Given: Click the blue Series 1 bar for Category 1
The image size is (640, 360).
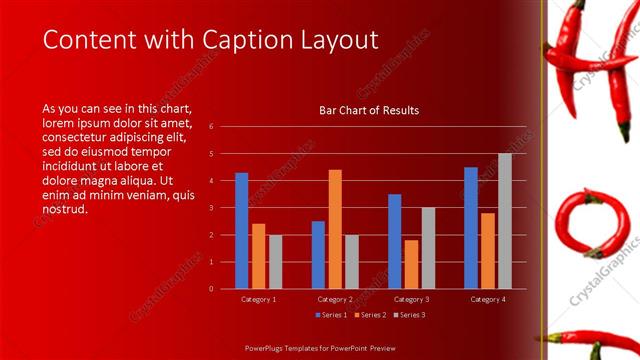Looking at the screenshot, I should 241,230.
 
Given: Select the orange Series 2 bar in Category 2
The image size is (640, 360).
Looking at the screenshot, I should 335,229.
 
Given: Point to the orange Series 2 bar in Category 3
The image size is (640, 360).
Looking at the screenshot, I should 411,264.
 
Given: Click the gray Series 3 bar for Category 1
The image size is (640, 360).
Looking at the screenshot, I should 275,261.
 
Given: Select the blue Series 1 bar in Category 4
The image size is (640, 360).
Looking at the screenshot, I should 471,227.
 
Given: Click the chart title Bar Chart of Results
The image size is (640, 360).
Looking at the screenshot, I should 369,110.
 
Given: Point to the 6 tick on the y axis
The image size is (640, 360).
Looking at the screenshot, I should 211,127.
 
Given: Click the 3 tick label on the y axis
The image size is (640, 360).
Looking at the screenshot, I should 211,208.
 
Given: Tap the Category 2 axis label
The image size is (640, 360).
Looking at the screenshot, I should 335,299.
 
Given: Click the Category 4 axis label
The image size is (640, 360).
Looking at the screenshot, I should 488,299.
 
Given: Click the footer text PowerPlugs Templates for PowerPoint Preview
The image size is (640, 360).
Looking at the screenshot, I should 320,349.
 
